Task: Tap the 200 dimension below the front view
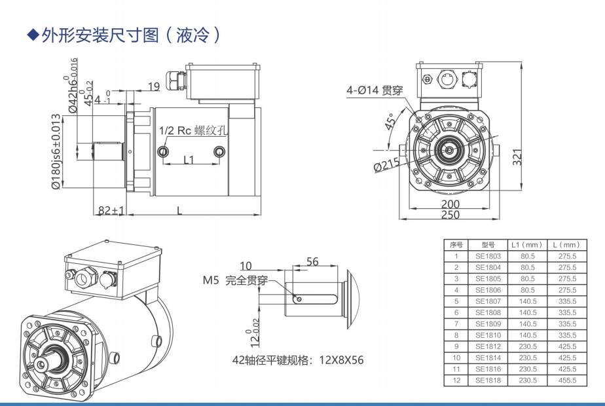click(x=450, y=204)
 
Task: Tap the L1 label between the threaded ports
click(x=189, y=159)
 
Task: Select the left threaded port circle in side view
click(x=164, y=152)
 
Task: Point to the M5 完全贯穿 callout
click(x=234, y=281)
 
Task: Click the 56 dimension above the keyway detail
click(x=312, y=262)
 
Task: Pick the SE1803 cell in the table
click(x=488, y=256)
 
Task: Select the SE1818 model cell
click(x=488, y=380)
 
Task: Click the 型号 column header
click(x=488, y=244)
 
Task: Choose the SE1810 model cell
click(x=488, y=335)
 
